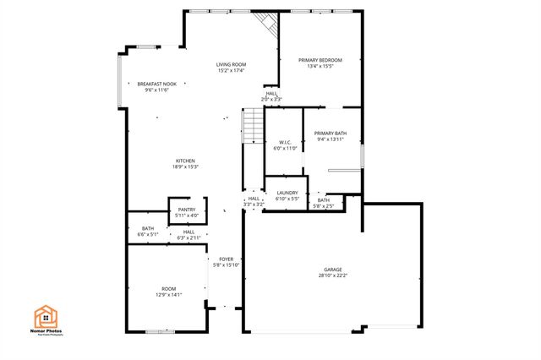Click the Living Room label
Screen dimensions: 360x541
230,68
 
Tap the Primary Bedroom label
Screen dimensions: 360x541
320,63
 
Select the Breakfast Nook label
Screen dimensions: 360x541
157,87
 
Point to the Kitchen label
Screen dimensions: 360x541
185,164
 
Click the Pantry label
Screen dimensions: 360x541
186,213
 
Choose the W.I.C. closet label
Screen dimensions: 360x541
286,145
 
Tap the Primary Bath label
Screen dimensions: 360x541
331,136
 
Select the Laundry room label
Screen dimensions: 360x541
287,195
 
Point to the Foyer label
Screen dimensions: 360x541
227,262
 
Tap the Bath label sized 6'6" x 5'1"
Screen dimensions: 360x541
148,232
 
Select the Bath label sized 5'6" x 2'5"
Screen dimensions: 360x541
324,203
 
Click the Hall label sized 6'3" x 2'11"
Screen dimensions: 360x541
189,235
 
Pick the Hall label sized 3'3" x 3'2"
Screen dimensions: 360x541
254,201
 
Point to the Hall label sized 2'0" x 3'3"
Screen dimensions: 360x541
271,96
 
